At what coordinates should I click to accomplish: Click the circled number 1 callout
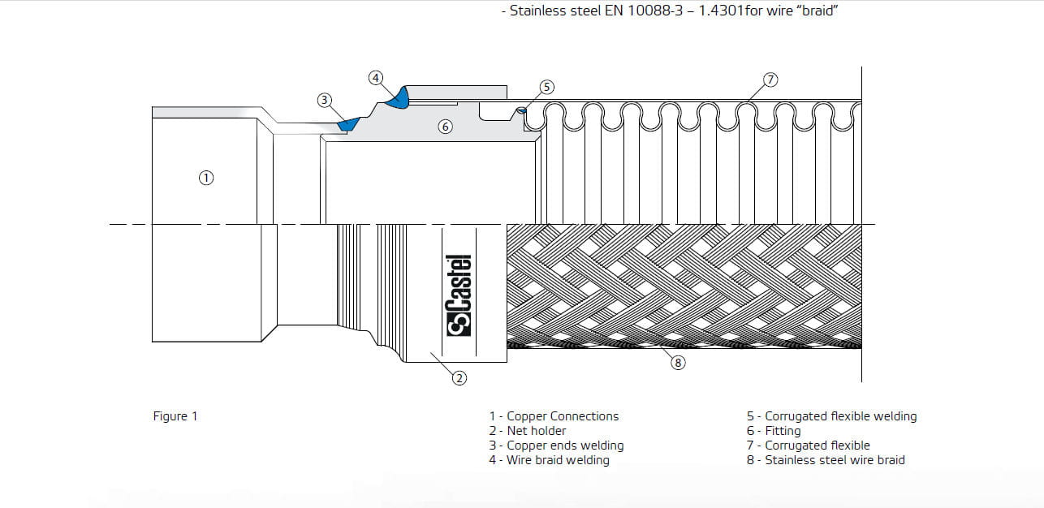pos(206,177)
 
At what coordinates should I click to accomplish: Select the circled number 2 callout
pos(459,377)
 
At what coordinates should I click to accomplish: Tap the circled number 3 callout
pos(325,100)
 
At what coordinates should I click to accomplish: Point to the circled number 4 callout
pos(375,78)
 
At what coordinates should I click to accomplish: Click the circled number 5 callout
pos(546,87)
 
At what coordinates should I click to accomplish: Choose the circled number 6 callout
pos(444,127)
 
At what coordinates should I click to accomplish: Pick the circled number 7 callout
pos(770,80)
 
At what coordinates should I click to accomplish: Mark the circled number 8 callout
pos(678,363)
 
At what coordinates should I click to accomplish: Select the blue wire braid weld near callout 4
pos(399,97)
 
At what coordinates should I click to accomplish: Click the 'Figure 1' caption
pos(175,416)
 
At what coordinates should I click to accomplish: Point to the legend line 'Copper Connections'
pos(554,416)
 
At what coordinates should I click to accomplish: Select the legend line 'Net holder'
pos(528,431)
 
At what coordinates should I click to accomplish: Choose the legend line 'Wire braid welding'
pos(549,460)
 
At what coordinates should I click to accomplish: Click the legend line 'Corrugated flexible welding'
pos(831,416)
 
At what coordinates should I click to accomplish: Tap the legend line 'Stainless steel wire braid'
pos(826,460)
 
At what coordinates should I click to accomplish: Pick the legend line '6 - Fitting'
pos(774,431)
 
